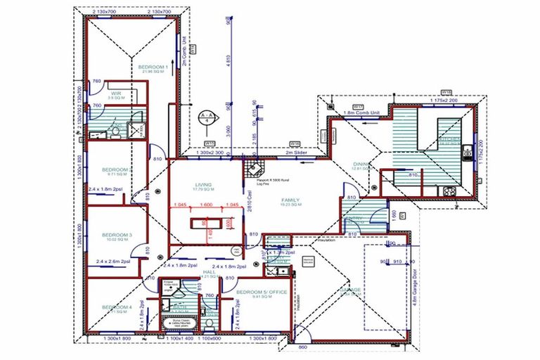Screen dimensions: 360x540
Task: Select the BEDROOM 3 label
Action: tap(117, 236)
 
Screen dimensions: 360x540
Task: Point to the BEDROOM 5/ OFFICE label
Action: tap(260, 291)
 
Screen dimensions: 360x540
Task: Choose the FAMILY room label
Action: tap(290, 200)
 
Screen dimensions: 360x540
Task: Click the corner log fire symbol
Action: tap(252, 169)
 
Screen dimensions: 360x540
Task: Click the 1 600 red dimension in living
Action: tap(206, 205)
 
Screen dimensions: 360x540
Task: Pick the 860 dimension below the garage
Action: tap(302, 347)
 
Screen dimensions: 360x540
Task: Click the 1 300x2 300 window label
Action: tap(210, 152)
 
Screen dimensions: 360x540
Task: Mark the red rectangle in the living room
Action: tap(206, 224)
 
